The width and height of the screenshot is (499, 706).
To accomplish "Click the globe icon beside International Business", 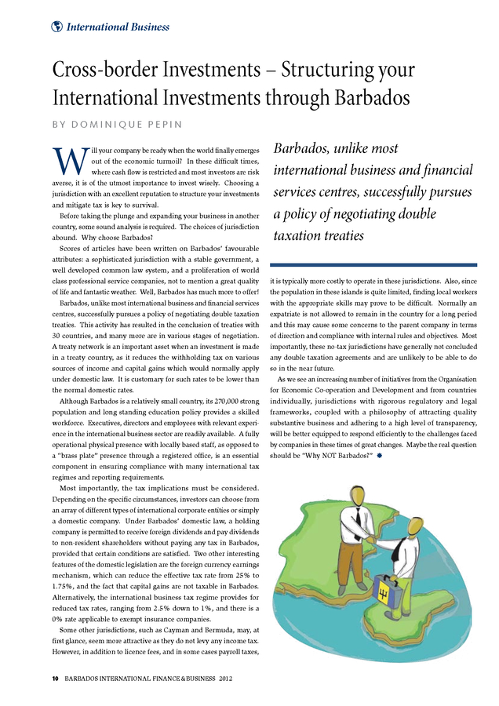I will point(56,27).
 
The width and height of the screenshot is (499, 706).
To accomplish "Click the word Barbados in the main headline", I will point(366,98).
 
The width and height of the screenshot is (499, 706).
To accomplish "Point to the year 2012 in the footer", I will point(225,677).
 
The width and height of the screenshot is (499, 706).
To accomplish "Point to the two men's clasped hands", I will point(369,540).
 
